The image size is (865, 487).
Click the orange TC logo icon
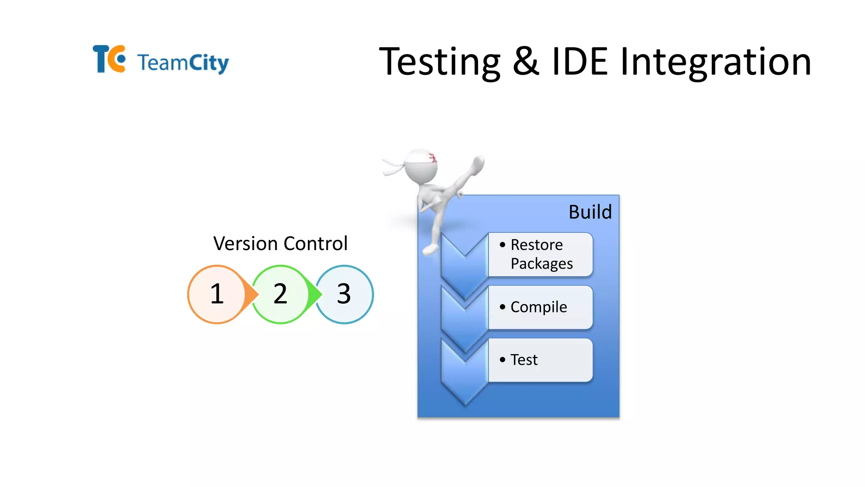tap(109, 59)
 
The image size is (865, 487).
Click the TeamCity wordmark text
tap(183, 63)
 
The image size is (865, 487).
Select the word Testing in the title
tap(440, 62)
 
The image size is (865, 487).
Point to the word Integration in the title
tap(715, 62)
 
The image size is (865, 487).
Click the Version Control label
tap(280, 244)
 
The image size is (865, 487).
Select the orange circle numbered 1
tap(217, 294)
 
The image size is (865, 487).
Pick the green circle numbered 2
tap(280, 294)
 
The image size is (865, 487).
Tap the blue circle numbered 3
tap(344, 294)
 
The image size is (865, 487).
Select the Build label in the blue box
tap(590, 212)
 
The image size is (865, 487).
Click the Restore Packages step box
tap(541, 254)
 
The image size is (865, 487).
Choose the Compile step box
tap(541, 307)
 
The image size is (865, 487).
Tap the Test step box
tap(541, 360)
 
